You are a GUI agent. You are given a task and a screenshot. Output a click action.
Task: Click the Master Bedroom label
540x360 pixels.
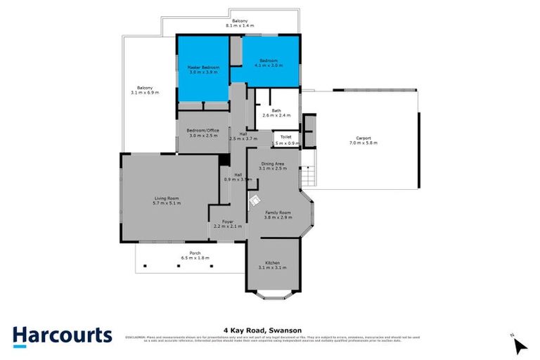point(202,67)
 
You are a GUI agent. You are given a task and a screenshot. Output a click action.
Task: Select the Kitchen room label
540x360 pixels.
point(272,262)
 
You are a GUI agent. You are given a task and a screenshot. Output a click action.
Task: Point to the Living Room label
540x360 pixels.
point(168,199)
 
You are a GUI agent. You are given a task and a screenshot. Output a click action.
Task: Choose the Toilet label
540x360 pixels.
point(285,136)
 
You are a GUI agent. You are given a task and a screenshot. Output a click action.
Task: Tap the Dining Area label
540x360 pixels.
point(273,164)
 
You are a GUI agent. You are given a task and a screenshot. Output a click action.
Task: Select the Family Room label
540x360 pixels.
point(277,212)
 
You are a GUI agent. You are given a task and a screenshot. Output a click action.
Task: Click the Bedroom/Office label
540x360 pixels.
point(203,130)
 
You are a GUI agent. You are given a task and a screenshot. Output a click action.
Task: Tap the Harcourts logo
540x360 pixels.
point(62,335)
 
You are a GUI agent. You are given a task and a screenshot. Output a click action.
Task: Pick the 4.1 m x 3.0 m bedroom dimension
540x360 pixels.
point(267,65)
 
